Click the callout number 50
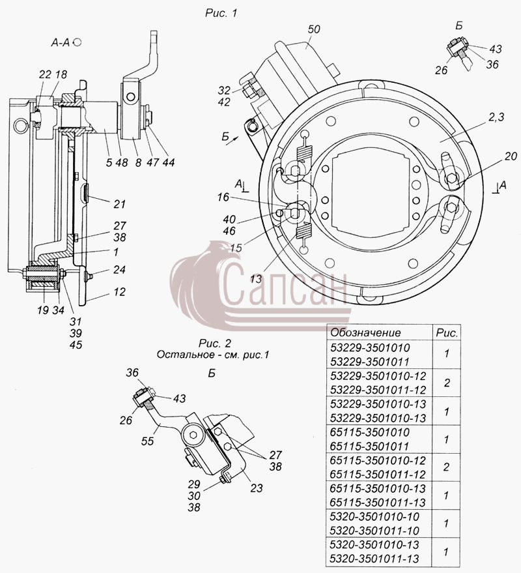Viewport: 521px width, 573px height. pos(314,29)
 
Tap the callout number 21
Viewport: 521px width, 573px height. pos(120,204)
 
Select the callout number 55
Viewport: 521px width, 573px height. pos(148,441)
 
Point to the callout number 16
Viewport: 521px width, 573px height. pos(223,198)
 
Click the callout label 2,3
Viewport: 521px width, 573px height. pos(495,117)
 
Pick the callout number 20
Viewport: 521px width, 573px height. pos(511,156)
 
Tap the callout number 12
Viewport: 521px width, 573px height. pos(119,291)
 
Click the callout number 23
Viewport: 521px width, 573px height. pos(257,488)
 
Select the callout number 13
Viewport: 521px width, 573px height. pos(256,279)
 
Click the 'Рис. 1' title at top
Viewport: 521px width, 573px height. pos(221,13)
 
